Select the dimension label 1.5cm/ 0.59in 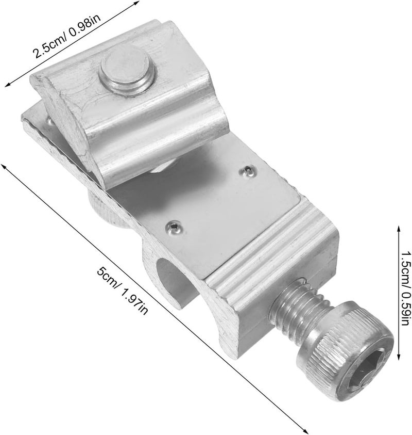[x=405, y=288]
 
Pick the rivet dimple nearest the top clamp [x=248, y=171]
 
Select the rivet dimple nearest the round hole [x=173, y=227]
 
